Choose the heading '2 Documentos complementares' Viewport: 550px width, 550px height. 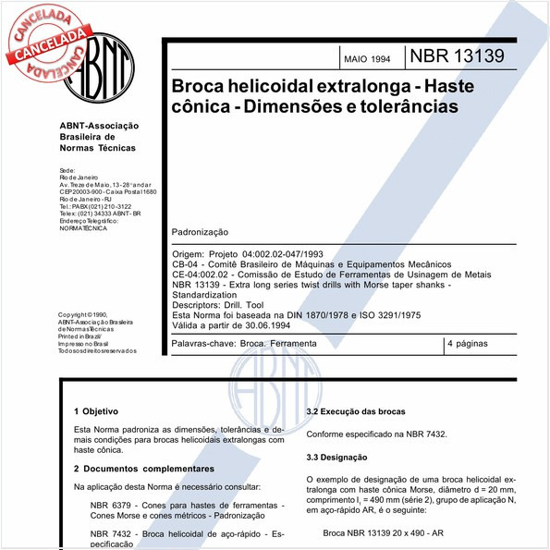143,469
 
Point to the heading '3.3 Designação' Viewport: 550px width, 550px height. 336,458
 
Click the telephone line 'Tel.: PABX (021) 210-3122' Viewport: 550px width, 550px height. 95,206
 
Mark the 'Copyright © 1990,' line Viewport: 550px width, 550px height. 82,315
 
